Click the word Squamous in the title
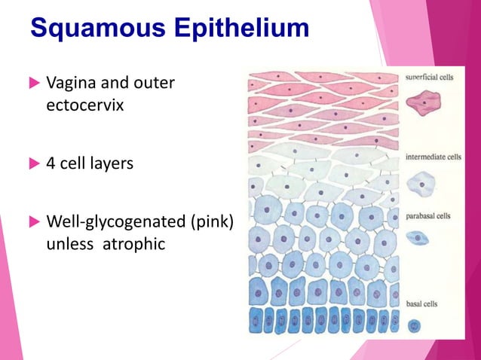(93, 29)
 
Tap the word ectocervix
(85, 105)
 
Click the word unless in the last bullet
(70, 245)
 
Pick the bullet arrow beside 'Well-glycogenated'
(33, 222)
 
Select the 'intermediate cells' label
(433, 157)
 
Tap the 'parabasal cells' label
(428, 215)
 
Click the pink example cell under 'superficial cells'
(424, 102)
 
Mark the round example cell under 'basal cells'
(415, 326)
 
